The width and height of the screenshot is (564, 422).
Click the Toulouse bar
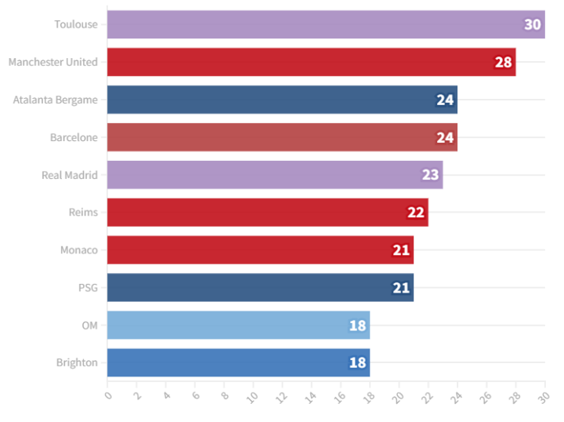point(313,24)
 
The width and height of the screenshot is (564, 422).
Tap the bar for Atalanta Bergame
point(274,100)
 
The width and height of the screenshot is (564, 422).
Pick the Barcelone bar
point(274,137)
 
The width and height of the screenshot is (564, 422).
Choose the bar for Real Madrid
point(266,175)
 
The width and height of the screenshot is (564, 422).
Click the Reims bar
point(258,213)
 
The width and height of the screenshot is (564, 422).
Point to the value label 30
point(533,24)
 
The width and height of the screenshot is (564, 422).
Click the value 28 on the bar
point(503,62)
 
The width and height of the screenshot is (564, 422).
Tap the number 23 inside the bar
point(430,175)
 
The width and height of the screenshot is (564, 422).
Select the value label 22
point(415,213)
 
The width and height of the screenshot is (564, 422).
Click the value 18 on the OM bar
point(357,326)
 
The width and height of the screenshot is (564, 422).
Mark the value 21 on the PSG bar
point(401,288)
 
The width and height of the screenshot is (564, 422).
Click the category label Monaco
point(79,250)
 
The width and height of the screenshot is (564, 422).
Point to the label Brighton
point(77,362)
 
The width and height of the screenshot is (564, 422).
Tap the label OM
point(90,326)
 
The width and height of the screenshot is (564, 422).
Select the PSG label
point(88,288)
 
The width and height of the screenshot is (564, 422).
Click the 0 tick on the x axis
point(108,395)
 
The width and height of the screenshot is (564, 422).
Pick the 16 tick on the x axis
point(340,397)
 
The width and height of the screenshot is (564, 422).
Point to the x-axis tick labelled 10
point(252,397)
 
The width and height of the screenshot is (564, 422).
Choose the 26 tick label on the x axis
point(486,397)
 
